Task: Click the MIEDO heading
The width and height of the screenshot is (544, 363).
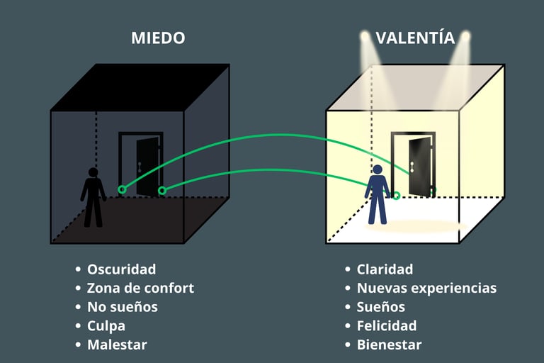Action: (x=158, y=38)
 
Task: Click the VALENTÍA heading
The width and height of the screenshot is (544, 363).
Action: (x=415, y=38)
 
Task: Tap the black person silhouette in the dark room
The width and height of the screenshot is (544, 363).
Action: (x=93, y=196)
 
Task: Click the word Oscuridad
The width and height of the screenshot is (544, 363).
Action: (x=121, y=269)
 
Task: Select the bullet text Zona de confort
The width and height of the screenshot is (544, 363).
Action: (x=140, y=289)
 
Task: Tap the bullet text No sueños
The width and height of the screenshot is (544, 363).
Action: (x=122, y=307)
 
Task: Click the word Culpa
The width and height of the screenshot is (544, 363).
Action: (x=106, y=326)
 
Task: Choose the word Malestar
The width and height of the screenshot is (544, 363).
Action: (x=117, y=345)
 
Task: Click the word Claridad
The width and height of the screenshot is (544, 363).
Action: (x=385, y=269)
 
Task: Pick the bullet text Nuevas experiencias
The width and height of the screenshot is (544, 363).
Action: (x=426, y=289)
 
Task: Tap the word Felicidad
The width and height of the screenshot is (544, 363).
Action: (x=387, y=326)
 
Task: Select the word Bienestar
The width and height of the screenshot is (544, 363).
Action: (x=389, y=345)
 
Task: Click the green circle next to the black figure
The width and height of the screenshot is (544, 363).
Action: (x=122, y=189)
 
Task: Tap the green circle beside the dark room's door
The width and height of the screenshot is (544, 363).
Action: (x=161, y=190)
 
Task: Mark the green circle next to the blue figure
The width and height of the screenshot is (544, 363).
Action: (x=396, y=195)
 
